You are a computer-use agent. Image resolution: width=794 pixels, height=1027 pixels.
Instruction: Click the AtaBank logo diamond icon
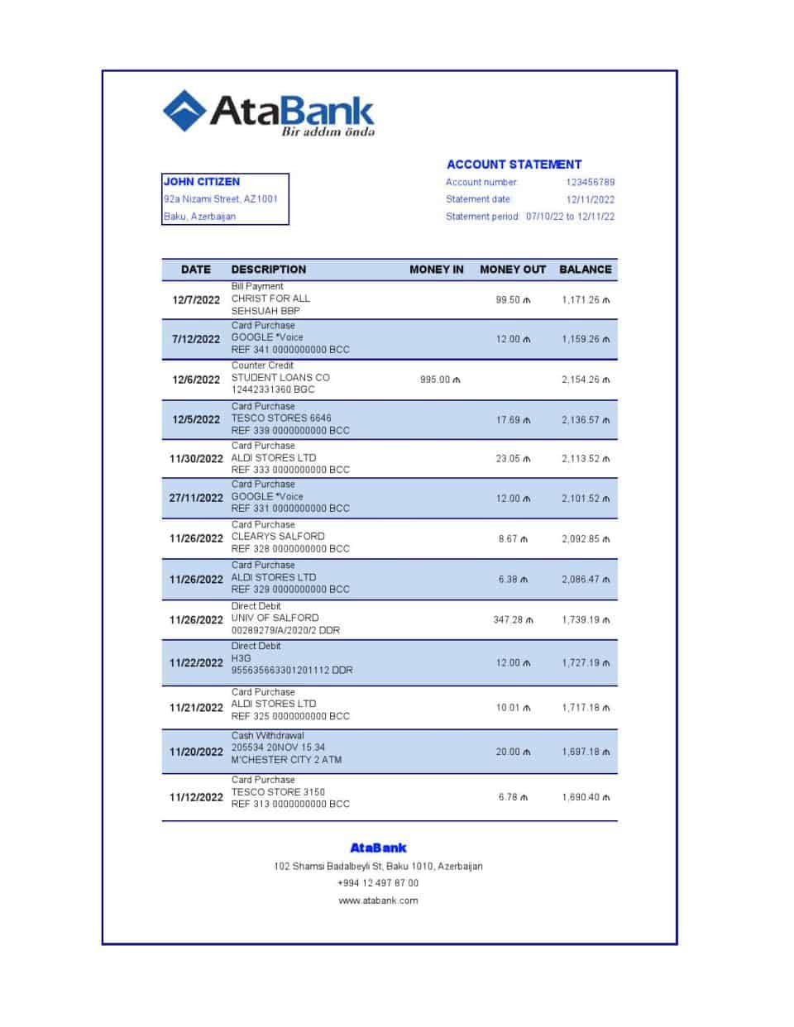[x=184, y=111]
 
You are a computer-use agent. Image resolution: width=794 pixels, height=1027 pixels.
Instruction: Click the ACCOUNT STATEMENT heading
[x=514, y=165]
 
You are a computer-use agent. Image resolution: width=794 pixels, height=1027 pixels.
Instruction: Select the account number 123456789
[x=590, y=182]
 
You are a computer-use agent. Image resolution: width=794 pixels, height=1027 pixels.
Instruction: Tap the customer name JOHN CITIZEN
[x=202, y=182]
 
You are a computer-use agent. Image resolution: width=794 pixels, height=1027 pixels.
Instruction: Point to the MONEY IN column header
[x=436, y=270]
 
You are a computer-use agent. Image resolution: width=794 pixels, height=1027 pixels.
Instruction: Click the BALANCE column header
[x=585, y=270]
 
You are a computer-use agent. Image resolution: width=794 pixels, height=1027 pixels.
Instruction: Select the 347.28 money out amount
[x=509, y=620]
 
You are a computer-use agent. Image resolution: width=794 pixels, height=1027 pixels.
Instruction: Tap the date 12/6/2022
[x=196, y=380]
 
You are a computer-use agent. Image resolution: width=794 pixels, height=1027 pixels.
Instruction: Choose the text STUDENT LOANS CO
[x=280, y=377]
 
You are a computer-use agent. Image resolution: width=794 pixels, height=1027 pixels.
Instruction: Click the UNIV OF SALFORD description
[x=275, y=618]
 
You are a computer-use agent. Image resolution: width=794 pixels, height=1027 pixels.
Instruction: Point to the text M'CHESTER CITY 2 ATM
[x=286, y=760]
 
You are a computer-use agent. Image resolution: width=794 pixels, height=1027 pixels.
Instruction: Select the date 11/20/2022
[x=196, y=752]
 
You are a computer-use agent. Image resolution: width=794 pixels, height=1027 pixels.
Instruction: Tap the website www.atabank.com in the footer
[x=378, y=900]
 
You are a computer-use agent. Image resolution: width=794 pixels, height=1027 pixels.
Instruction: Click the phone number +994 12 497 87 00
[x=378, y=883]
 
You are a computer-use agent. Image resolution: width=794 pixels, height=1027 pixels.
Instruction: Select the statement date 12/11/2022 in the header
[x=590, y=199]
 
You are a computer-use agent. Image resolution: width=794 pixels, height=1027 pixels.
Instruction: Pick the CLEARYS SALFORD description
[x=278, y=537]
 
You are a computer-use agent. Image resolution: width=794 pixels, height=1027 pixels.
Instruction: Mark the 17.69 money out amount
[x=509, y=420]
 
